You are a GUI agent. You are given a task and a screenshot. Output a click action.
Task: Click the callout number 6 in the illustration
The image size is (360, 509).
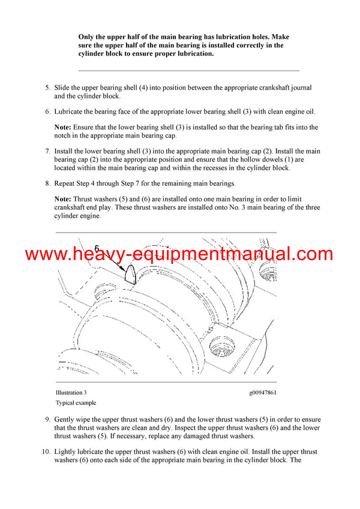(97, 247)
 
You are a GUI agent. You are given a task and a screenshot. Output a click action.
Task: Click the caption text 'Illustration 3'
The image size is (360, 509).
(71, 393)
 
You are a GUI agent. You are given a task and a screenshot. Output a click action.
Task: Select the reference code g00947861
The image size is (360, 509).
(264, 393)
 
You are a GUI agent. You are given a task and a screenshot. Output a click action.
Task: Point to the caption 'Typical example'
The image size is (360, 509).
(76, 403)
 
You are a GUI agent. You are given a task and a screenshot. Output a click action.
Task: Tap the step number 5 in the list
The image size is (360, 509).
(47, 88)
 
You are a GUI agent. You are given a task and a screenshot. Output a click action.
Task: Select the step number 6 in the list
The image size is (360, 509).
(47, 112)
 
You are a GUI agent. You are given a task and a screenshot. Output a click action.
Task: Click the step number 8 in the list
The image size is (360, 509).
(47, 183)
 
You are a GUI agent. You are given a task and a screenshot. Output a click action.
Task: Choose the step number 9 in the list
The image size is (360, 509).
(47, 420)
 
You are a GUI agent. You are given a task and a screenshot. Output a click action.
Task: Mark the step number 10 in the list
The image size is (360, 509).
(46, 451)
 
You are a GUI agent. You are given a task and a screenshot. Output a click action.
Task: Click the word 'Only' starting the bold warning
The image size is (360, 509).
(87, 37)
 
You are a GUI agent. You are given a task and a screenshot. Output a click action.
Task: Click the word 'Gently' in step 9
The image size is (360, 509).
(66, 420)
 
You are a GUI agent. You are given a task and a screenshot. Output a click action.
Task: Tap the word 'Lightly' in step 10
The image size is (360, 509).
(67, 451)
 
